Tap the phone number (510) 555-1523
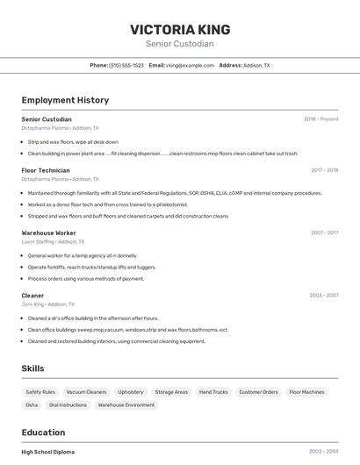126,66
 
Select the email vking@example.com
190,66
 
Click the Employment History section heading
65,101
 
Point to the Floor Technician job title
46,170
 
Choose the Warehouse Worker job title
48,233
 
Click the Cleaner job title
32,296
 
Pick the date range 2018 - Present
320,119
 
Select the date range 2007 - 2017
324,233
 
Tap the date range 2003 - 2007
324,296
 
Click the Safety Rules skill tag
40,392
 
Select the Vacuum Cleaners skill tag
86,392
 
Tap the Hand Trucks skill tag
213,392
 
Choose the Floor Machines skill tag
306,392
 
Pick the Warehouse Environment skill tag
126,405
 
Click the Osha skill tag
32,405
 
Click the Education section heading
43,433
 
